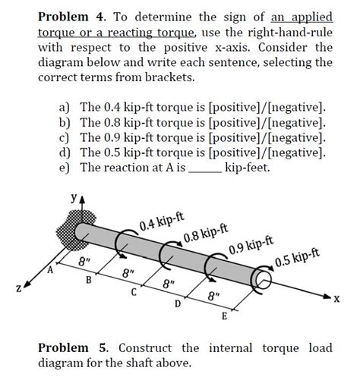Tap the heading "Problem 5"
(71, 347)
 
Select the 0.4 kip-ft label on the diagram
(161, 222)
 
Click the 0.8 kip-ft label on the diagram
(206, 235)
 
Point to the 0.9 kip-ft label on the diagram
(250, 250)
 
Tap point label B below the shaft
(88, 281)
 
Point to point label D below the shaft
(178, 305)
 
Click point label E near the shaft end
(223, 316)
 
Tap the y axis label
(73, 198)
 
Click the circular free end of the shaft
(264, 283)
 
